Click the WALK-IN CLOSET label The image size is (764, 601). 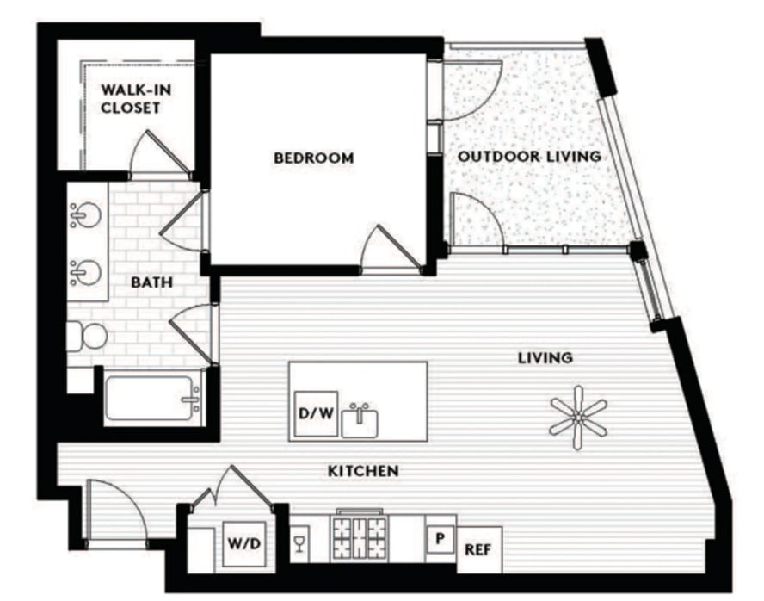click(136, 98)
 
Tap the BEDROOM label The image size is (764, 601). click(314, 158)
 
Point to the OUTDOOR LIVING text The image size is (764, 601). click(529, 157)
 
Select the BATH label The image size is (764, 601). click(151, 282)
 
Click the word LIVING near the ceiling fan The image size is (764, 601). click(545, 358)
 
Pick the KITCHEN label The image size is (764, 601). click(363, 471)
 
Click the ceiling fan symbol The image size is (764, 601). click(578, 418)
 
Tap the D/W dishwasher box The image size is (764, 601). click(317, 414)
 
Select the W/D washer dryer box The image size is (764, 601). click(244, 543)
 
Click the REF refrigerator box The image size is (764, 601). click(479, 550)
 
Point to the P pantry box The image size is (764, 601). click(440, 539)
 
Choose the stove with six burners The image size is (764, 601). click(360, 536)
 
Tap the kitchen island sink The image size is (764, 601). click(360, 423)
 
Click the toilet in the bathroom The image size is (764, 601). click(87, 336)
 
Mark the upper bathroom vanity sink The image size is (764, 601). click(86, 215)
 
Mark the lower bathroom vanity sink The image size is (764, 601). click(86, 272)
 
